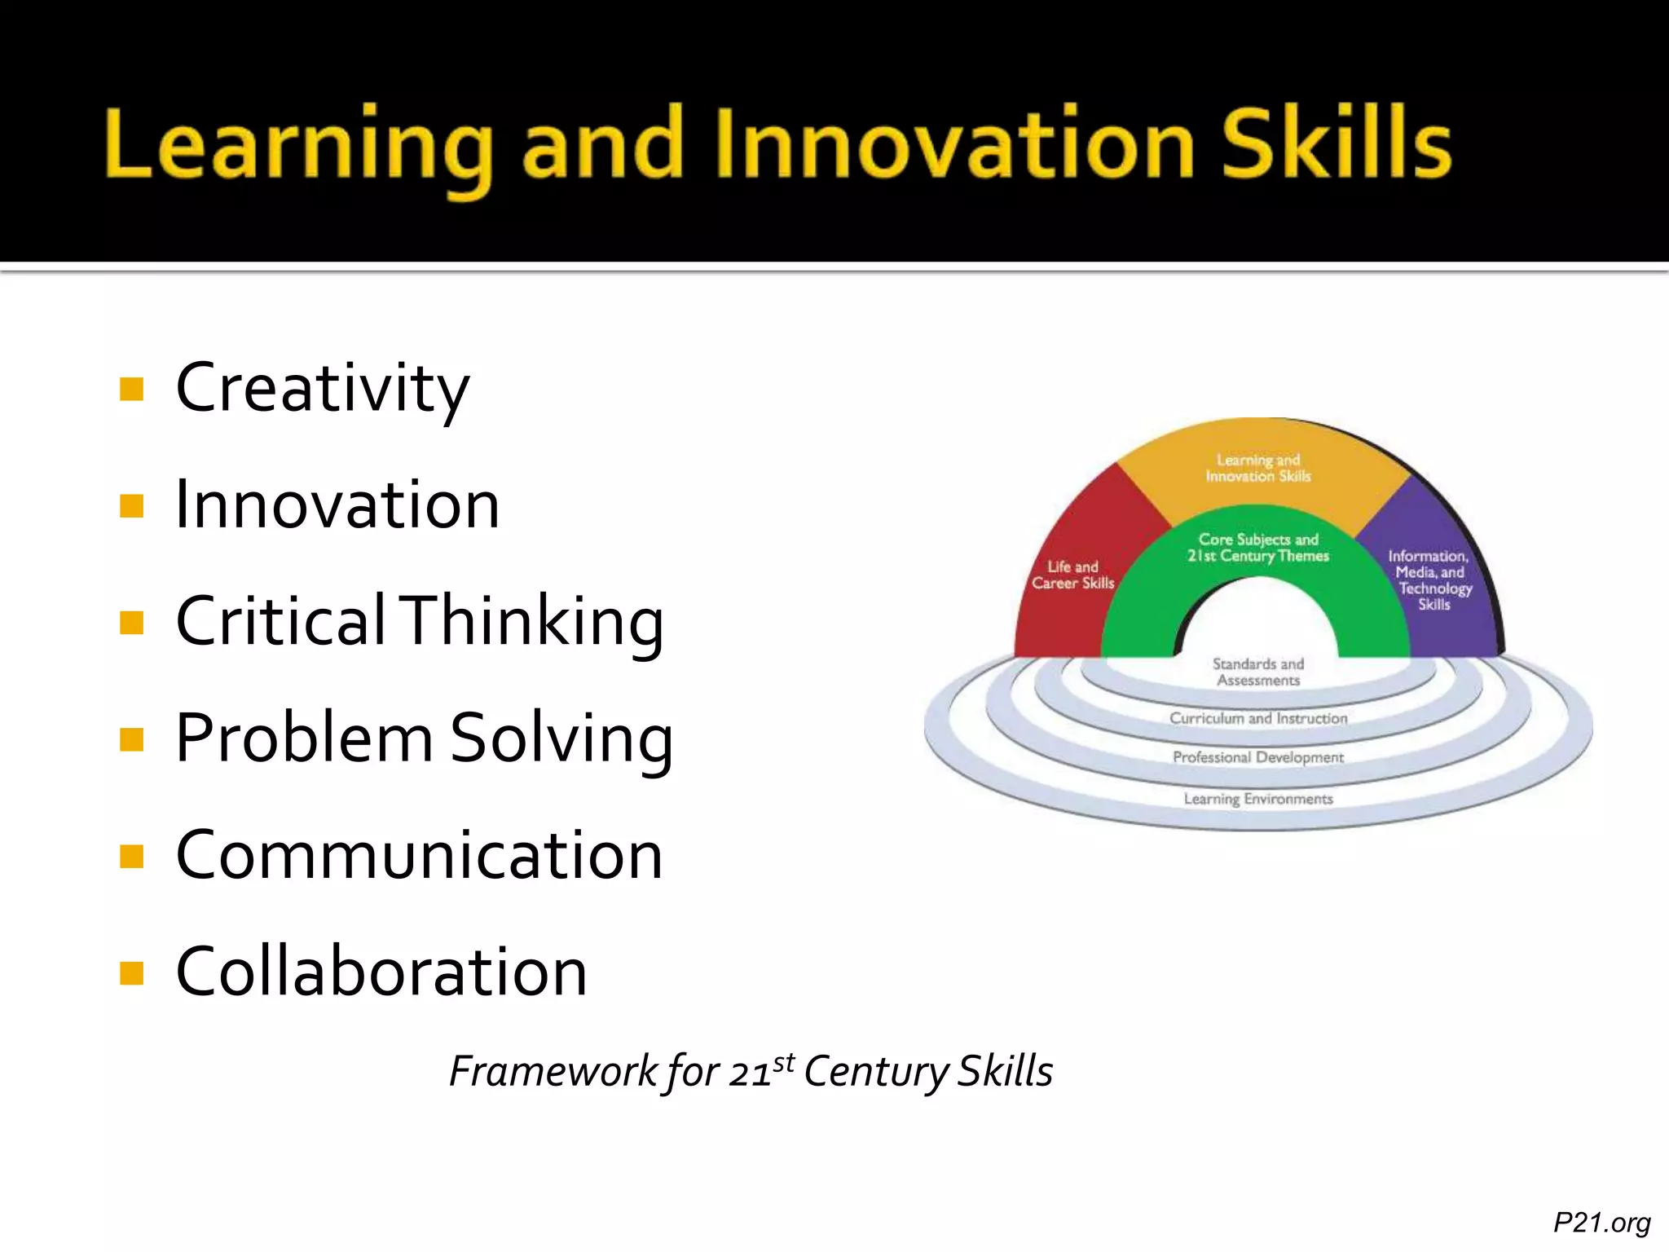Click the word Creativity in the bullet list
pos(323,389)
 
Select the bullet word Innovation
pos(337,505)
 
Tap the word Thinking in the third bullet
pos(534,622)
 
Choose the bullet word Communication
pos(420,855)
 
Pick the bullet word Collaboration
pos(381,972)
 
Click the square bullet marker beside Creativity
pos(131,389)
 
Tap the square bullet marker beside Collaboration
pos(131,972)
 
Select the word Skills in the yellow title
pos(1337,144)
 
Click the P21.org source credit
pos(1601,1222)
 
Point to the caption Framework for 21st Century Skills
pos(751,1071)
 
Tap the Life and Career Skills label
pos(1072,575)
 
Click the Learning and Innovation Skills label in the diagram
pos(1258,468)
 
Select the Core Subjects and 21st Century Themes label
pos(1258,548)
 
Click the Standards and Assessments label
pos(1258,672)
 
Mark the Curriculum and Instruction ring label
pos(1258,718)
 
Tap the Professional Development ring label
pos(1258,757)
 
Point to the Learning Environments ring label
pos(1258,799)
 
